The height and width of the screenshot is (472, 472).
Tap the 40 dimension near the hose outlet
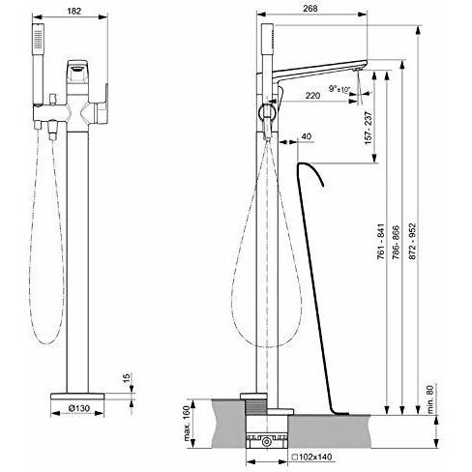point(307,136)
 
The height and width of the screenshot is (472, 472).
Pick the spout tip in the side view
point(360,71)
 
